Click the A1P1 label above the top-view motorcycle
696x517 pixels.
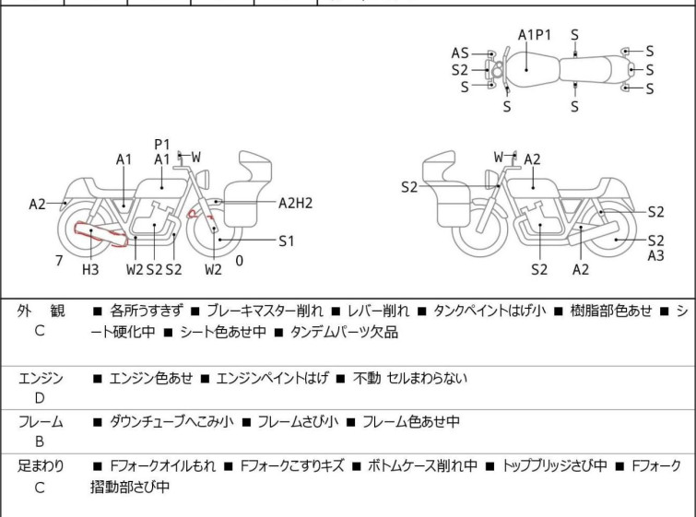point(535,35)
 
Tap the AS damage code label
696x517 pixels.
point(460,53)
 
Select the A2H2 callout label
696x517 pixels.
point(296,203)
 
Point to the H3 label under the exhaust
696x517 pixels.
point(90,269)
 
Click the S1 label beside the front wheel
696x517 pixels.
point(287,241)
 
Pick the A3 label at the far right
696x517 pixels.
point(655,255)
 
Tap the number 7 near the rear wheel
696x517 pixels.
point(59,261)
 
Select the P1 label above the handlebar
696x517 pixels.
point(162,144)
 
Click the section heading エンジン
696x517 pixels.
point(41,377)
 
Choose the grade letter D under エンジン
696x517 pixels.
point(40,398)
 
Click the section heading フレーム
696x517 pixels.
point(41,422)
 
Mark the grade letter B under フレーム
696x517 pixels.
point(40,442)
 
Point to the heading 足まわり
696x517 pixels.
point(41,466)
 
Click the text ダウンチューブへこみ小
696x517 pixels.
point(170,422)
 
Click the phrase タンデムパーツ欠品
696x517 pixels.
point(344,332)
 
